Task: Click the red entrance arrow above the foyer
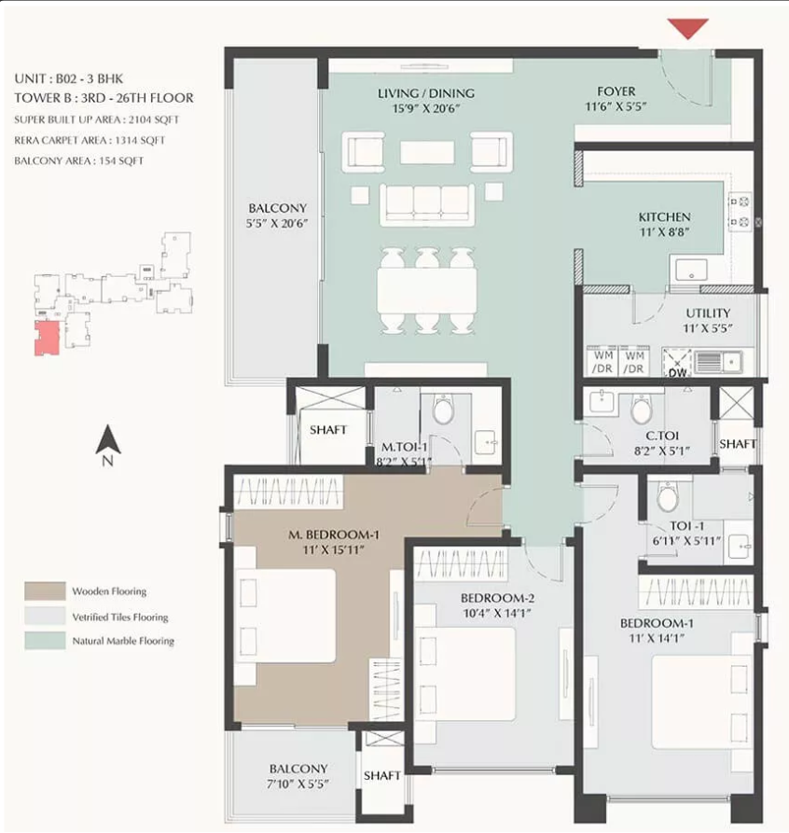pyautogui.click(x=688, y=28)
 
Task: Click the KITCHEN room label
pyautogui.click(x=664, y=216)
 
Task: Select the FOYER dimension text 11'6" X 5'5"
pyautogui.click(x=616, y=106)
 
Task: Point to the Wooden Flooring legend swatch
pyautogui.click(x=45, y=590)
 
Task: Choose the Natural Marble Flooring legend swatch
pyautogui.click(x=45, y=640)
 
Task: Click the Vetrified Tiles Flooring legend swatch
pyautogui.click(x=45, y=616)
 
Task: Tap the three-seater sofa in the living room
pyautogui.click(x=427, y=204)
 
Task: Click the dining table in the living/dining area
pyautogui.click(x=426, y=291)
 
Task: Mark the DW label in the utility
pyautogui.click(x=677, y=373)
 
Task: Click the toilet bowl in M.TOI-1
pyautogui.click(x=443, y=410)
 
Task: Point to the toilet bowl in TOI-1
pyautogui.click(x=668, y=497)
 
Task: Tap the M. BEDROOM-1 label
pyautogui.click(x=334, y=535)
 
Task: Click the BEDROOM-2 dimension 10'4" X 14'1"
pyautogui.click(x=497, y=613)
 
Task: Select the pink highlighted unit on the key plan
pyautogui.click(x=47, y=338)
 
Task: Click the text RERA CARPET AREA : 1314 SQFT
pyautogui.click(x=90, y=140)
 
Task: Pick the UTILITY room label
pyautogui.click(x=708, y=313)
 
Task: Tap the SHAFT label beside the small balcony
pyautogui.click(x=381, y=775)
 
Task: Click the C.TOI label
pyautogui.click(x=662, y=436)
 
